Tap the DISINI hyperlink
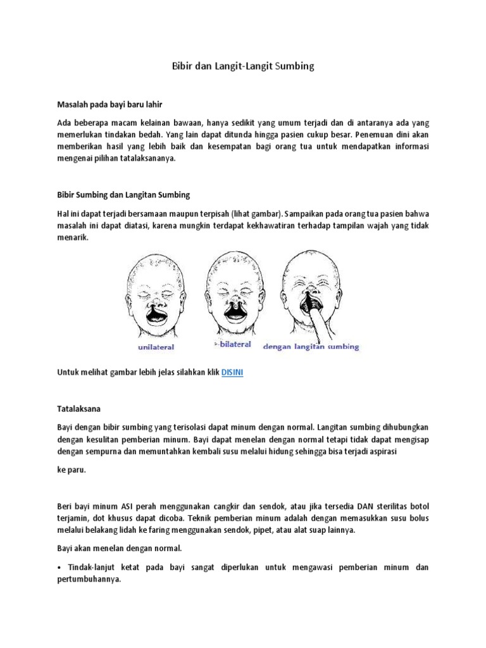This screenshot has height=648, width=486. (232, 373)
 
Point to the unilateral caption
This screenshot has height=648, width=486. (156, 347)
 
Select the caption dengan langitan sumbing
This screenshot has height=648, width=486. (311, 347)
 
